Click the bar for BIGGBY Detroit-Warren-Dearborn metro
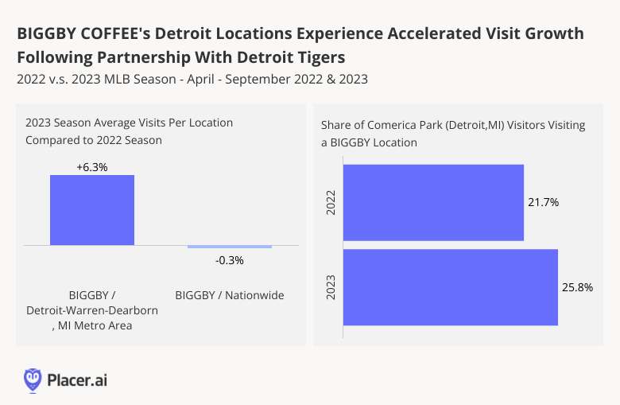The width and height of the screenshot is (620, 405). (92, 210)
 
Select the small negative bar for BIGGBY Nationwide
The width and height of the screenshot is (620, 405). (230, 247)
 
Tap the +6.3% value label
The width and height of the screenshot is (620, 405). (92, 166)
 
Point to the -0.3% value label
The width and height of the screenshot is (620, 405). (230, 260)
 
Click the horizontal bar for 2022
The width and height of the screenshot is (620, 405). (433, 202)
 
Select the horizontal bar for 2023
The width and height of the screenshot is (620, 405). (450, 287)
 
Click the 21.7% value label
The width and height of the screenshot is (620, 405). (544, 203)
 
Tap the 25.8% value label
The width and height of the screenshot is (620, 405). (577, 287)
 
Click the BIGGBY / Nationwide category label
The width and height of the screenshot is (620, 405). (230, 295)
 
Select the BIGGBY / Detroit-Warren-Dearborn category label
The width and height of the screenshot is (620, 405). (92, 310)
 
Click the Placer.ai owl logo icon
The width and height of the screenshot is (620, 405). (33, 380)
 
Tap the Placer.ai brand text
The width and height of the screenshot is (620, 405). (77, 380)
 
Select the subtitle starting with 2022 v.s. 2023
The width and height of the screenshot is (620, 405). (191, 80)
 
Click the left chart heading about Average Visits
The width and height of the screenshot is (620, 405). (129, 131)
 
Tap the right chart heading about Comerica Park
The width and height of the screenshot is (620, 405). (453, 134)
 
